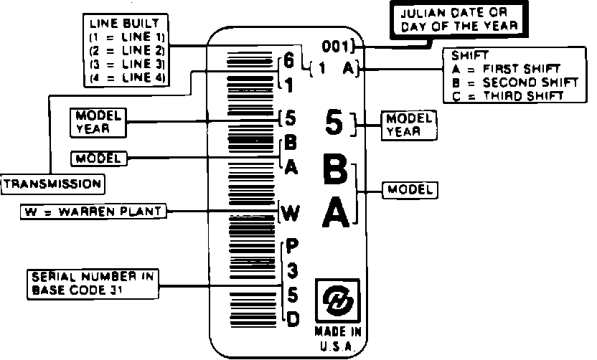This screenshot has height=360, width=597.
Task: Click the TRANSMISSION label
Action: (52, 184)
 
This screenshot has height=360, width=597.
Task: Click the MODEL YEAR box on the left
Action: (98, 123)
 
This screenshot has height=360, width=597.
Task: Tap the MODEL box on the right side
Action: (410, 190)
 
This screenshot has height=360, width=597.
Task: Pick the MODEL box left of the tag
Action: (99, 157)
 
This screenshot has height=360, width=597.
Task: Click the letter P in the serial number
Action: (293, 246)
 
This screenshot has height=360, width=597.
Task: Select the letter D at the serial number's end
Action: (293, 319)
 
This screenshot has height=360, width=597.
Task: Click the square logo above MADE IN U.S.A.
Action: (337, 300)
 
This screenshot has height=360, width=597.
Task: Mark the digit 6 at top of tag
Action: (288, 62)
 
